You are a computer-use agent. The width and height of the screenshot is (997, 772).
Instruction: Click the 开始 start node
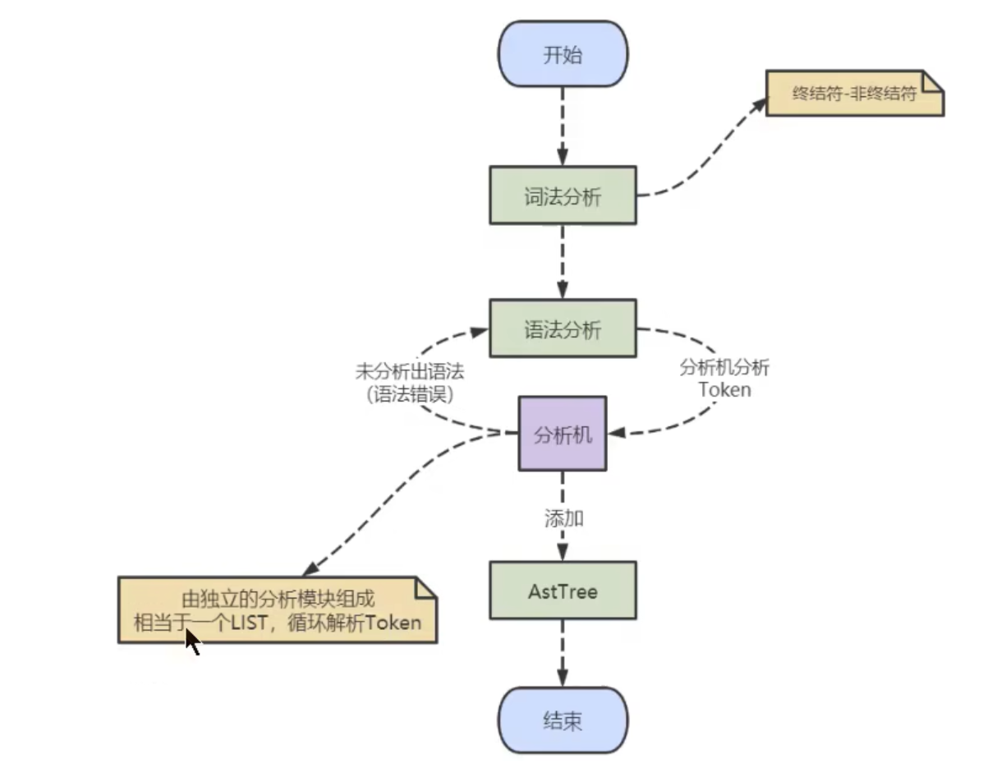click(x=563, y=55)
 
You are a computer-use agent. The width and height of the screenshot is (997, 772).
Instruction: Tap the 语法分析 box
click(x=563, y=329)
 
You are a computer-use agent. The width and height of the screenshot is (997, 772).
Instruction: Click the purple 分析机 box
click(x=563, y=434)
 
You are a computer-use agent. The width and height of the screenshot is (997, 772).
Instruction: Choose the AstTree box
click(x=563, y=590)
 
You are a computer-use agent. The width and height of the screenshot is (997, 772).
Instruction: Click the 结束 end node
click(x=563, y=721)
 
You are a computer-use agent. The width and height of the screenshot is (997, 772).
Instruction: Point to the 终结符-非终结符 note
click(x=853, y=94)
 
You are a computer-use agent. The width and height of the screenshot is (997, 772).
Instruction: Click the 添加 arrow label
click(x=563, y=518)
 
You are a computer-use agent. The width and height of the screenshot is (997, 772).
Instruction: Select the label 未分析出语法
click(x=409, y=371)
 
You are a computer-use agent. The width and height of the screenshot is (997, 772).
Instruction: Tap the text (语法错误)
click(x=409, y=393)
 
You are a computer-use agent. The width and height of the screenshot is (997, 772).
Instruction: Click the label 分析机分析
click(x=724, y=368)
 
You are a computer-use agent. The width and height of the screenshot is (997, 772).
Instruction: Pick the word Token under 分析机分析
click(x=724, y=389)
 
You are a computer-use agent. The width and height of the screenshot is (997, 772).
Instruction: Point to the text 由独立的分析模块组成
click(x=278, y=599)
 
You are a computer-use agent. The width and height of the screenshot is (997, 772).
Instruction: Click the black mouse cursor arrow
click(x=191, y=641)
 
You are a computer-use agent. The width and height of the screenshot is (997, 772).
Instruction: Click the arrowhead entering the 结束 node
click(x=563, y=678)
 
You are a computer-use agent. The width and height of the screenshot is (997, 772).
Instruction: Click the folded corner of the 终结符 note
click(x=934, y=80)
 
